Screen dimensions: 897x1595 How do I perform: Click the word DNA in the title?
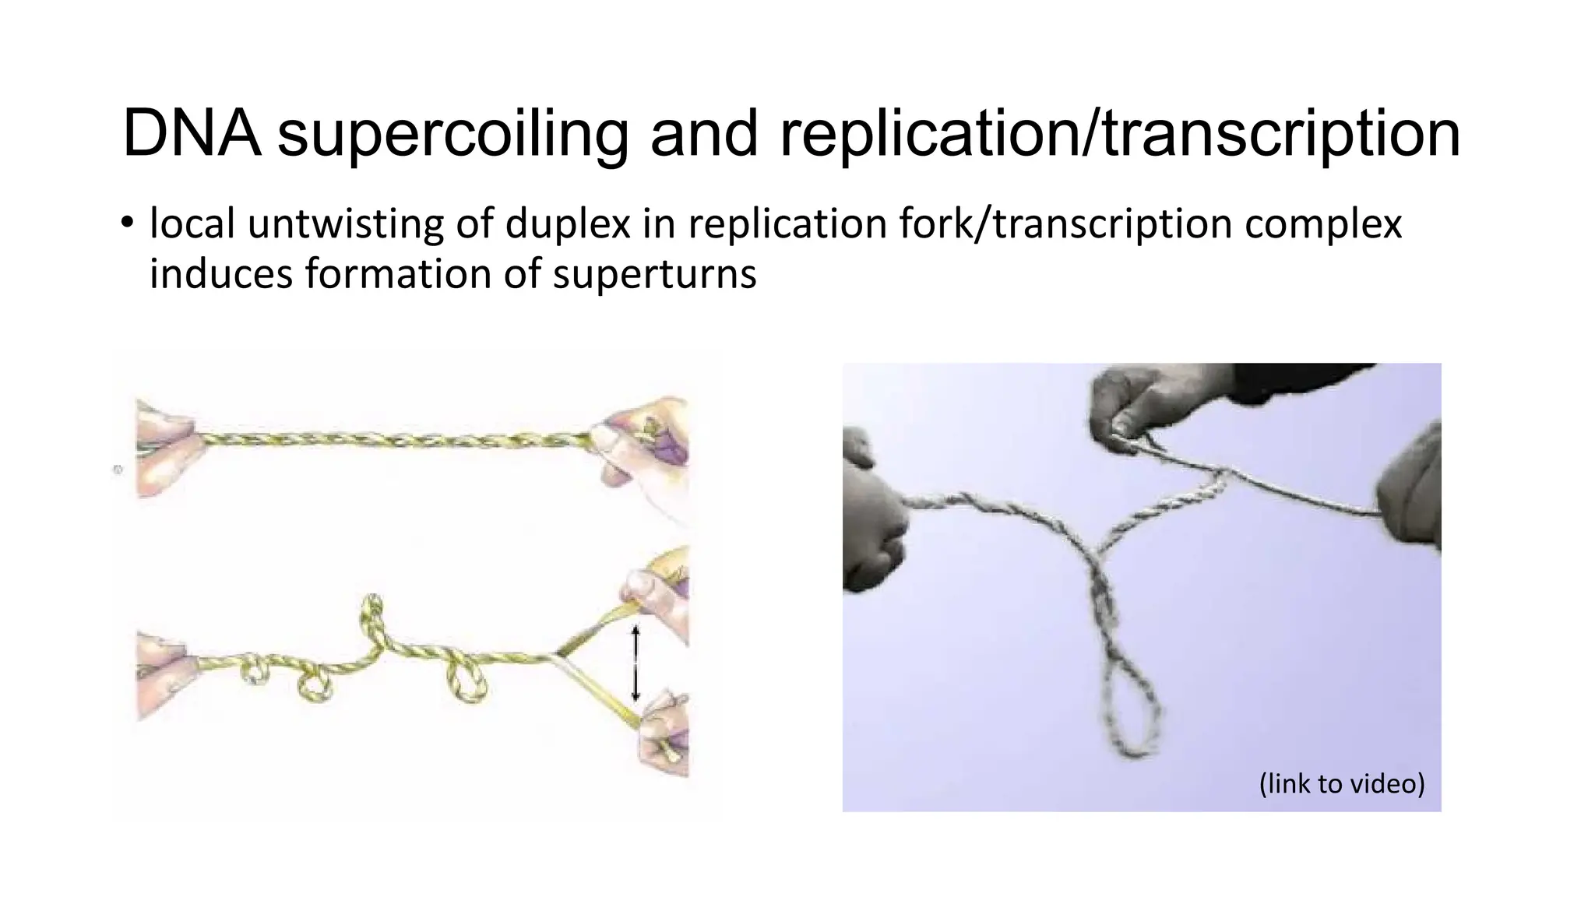click(x=191, y=134)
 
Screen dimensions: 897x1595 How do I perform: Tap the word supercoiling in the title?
click(x=453, y=134)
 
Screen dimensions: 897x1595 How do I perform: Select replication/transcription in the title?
click(x=1119, y=134)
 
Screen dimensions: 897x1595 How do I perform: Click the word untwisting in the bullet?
click(x=346, y=224)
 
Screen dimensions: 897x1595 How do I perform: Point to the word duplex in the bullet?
click(x=568, y=224)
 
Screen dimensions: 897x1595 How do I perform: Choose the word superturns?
click(x=654, y=274)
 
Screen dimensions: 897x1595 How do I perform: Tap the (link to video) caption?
click(x=1341, y=783)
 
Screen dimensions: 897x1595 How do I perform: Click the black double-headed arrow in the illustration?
click(x=635, y=663)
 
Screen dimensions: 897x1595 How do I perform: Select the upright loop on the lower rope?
click(x=373, y=615)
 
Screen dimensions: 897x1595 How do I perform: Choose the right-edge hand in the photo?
click(x=1411, y=491)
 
